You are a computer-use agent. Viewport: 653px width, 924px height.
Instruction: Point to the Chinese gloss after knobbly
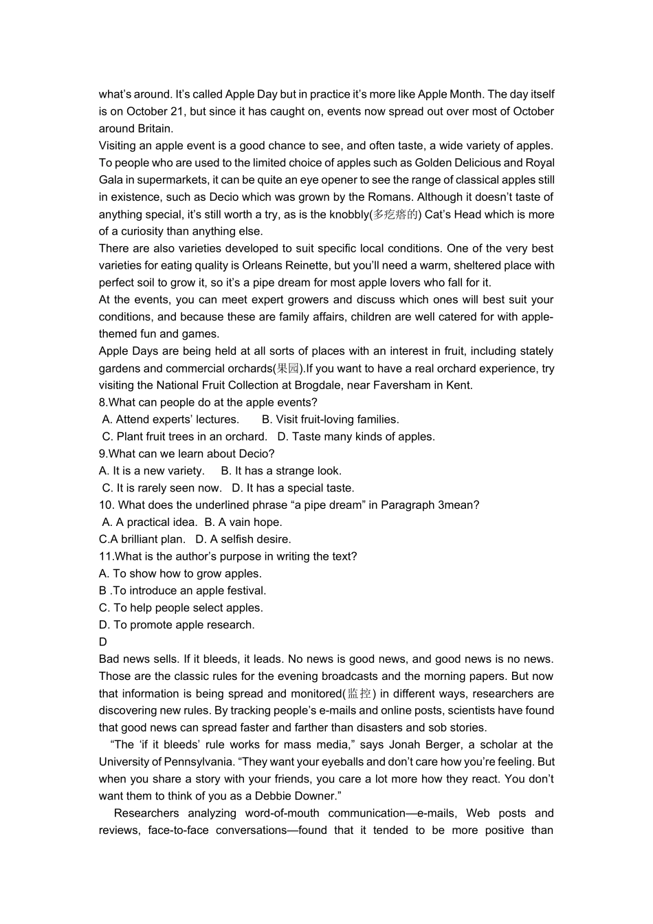point(395,214)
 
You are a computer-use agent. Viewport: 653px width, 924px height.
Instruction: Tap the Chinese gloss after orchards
point(288,368)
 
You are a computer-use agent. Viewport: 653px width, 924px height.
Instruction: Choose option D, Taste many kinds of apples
point(356,437)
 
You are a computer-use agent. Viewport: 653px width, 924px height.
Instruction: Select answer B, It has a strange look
point(281,471)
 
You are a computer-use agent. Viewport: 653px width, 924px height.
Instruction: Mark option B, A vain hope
point(243,522)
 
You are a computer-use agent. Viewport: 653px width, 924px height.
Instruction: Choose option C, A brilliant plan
point(142,539)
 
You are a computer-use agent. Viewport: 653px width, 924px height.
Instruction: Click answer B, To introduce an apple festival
point(182,591)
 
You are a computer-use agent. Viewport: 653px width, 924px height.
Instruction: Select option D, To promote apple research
point(177,624)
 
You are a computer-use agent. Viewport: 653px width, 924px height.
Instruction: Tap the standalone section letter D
point(103,642)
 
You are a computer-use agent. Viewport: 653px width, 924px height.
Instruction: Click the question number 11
point(105,556)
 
